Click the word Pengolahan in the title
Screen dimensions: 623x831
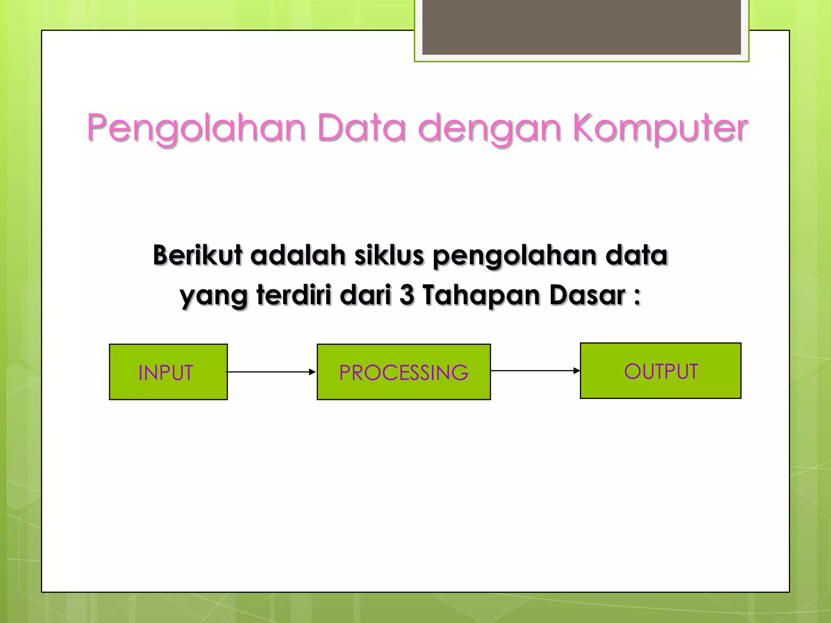click(x=196, y=128)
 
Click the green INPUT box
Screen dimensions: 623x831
click(x=168, y=372)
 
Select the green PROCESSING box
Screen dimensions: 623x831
click(x=403, y=372)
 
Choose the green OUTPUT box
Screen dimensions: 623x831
click(x=660, y=371)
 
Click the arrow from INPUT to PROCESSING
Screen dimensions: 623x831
click(x=271, y=372)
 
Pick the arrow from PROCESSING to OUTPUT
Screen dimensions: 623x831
click(x=535, y=371)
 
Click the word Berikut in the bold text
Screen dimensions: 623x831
click(x=198, y=255)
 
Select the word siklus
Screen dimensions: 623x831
click(x=389, y=255)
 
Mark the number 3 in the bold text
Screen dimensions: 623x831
click(x=407, y=294)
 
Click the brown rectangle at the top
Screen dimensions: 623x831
click(x=581, y=28)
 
